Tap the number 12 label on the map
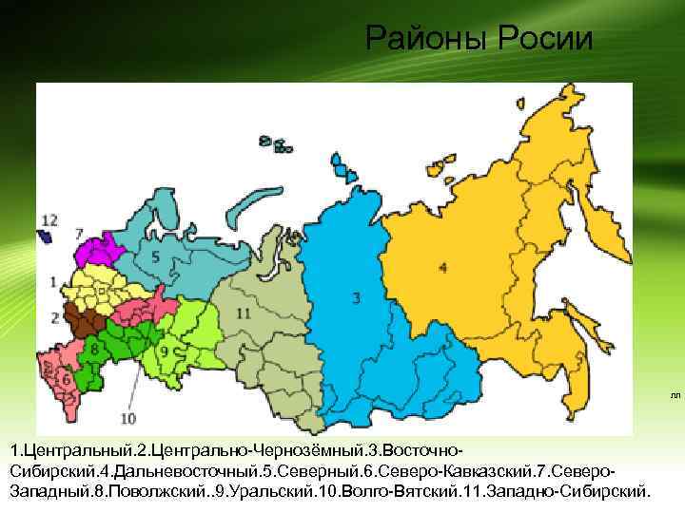point(49,220)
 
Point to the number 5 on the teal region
point(154,257)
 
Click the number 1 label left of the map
point(53,280)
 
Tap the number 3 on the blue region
point(355,297)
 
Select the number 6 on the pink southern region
point(66,378)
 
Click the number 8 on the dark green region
point(94,350)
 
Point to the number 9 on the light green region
point(163,351)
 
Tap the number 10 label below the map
point(129,416)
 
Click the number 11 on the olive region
point(244,313)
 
